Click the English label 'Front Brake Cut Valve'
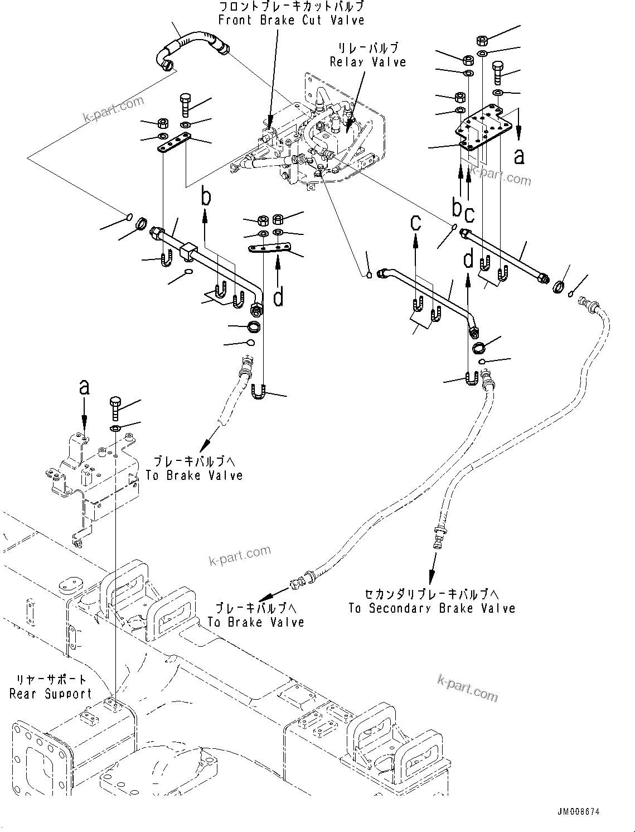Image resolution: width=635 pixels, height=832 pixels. (291, 21)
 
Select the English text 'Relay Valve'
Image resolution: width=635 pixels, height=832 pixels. (368, 62)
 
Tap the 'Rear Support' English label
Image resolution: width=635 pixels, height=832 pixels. (51, 694)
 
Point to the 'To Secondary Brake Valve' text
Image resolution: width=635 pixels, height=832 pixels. (432, 608)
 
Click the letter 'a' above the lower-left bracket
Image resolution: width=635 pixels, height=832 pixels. (84, 387)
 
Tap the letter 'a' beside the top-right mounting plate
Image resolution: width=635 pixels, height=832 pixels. (519, 157)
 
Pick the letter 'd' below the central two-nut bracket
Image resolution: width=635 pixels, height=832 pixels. (278, 296)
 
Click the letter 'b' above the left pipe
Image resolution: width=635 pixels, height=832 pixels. (206, 198)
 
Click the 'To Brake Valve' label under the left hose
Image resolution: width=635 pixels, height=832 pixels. (194, 475)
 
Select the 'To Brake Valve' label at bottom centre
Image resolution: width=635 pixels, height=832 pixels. (256, 622)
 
